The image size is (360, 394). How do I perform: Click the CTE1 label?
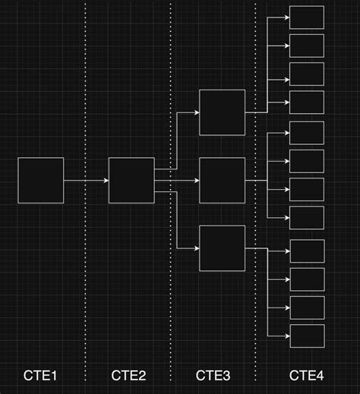pyautogui.click(x=40, y=375)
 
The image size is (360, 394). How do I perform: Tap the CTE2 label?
pyautogui.click(x=128, y=375)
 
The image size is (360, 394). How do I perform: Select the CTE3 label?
pyautogui.click(x=213, y=375)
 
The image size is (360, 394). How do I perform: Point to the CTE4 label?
pyautogui.click(x=307, y=375)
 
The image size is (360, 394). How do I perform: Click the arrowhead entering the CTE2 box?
pyautogui.click(x=106, y=181)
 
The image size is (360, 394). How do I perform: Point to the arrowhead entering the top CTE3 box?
pyautogui.click(x=197, y=112)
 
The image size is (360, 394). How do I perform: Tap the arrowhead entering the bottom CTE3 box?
pyautogui.click(x=197, y=248)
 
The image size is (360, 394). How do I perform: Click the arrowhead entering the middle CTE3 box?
pyautogui.click(x=197, y=181)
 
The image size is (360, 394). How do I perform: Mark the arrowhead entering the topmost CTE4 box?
pyautogui.click(x=287, y=17)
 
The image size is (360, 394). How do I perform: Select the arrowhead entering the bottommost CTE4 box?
pyautogui.click(x=288, y=336)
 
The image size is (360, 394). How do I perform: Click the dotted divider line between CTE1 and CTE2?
pyautogui.click(x=85, y=192)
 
